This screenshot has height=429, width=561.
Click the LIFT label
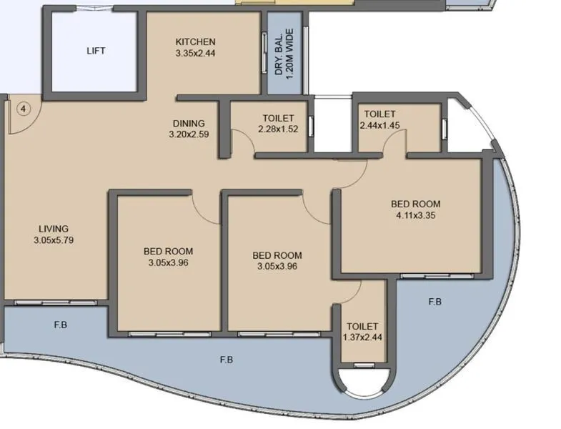96,51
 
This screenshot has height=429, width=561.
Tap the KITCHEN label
195,42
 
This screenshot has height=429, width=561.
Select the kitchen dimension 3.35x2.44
195,53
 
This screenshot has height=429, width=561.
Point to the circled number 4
24,109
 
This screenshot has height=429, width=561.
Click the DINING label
189,123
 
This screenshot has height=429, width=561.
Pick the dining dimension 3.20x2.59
189,134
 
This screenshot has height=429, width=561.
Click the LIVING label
54,229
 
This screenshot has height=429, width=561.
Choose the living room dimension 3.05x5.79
54,240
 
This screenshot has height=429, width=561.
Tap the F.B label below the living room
60,325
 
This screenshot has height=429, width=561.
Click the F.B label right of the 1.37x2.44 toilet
435,302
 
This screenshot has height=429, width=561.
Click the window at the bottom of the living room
57,302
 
